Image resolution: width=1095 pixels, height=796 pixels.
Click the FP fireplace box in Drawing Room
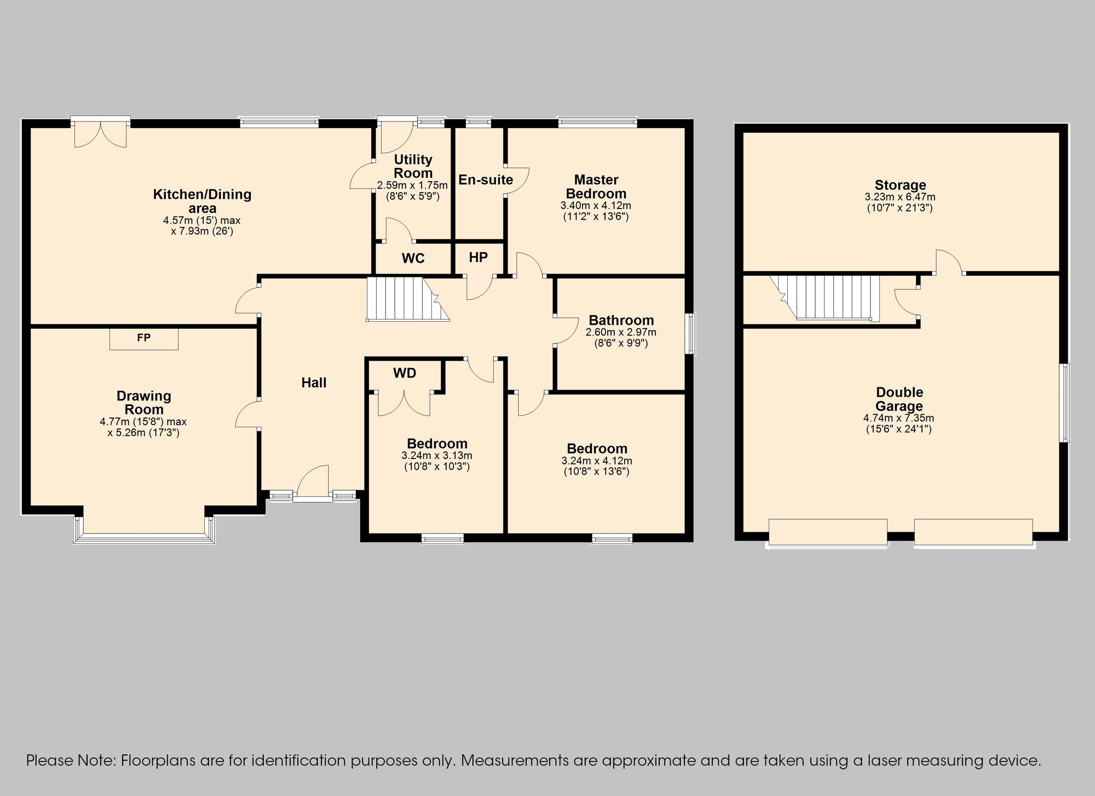pyautogui.click(x=144, y=339)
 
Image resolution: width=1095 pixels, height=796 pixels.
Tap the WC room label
pyautogui.click(x=413, y=258)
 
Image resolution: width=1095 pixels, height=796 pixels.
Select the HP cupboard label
pyautogui.click(x=479, y=257)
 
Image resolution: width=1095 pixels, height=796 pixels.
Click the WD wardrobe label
pyautogui.click(x=405, y=373)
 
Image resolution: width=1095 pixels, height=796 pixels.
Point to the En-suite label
pyautogui.click(x=486, y=179)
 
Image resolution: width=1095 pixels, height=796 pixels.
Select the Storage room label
pyautogui.click(x=900, y=185)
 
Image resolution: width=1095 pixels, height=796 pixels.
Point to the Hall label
pyautogui.click(x=314, y=382)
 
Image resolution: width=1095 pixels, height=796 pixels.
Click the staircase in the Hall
pyautogui.click(x=407, y=299)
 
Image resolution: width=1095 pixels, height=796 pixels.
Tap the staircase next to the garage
pyautogui.click(x=825, y=297)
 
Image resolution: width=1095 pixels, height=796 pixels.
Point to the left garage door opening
pyautogui.click(x=828, y=532)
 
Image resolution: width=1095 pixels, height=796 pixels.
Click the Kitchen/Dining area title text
pyautogui.click(x=202, y=201)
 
